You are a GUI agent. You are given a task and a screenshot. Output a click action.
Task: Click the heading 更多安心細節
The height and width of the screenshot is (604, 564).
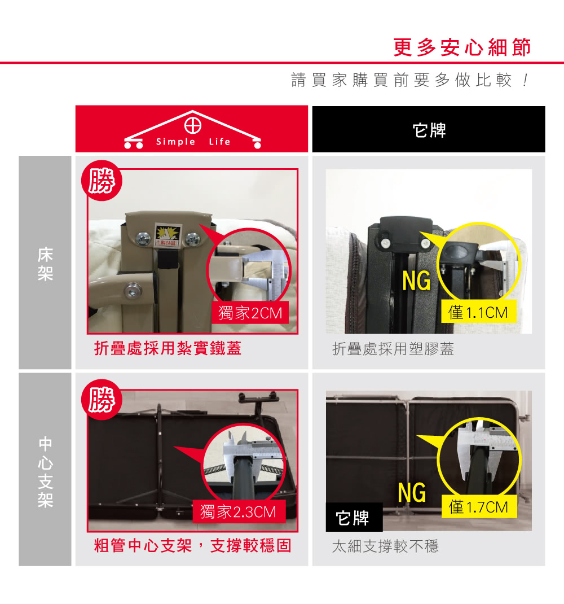[462, 47]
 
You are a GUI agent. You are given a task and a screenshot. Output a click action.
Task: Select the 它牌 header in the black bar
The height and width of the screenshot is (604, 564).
[429, 130]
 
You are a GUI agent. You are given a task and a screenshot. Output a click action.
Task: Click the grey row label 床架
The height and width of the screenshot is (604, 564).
[45, 264]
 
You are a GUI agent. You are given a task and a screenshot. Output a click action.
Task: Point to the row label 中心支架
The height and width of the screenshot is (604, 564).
[45, 471]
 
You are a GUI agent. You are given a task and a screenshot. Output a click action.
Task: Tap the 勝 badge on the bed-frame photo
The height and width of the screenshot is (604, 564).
[102, 180]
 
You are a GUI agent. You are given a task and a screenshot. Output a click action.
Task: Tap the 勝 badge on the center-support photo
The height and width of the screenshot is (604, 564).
[102, 400]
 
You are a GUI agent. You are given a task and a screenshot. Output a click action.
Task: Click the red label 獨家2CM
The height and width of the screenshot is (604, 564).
[250, 313]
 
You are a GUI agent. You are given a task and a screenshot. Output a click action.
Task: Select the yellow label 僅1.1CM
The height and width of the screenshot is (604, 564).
[478, 312]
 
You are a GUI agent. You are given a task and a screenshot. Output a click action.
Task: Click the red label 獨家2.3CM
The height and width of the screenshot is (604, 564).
[239, 511]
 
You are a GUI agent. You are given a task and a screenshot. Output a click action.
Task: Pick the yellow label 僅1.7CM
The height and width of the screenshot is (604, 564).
[478, 507]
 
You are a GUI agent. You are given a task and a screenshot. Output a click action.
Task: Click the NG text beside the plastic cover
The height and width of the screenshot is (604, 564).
[417, 281]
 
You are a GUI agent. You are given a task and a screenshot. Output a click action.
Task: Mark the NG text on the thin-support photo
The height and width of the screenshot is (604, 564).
[412, 492]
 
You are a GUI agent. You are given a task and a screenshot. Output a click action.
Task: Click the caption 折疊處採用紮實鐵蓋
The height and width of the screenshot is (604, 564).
[168, 348]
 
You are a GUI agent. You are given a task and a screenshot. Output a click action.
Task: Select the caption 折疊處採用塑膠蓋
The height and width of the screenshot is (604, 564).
[393, 349]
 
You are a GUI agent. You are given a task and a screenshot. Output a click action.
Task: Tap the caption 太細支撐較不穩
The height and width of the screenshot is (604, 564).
[385, 546]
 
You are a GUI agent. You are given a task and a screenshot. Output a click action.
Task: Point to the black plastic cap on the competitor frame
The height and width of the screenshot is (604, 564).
[406, 234]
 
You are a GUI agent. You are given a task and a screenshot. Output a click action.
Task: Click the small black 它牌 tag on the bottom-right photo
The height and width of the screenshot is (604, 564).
[354, 517]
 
